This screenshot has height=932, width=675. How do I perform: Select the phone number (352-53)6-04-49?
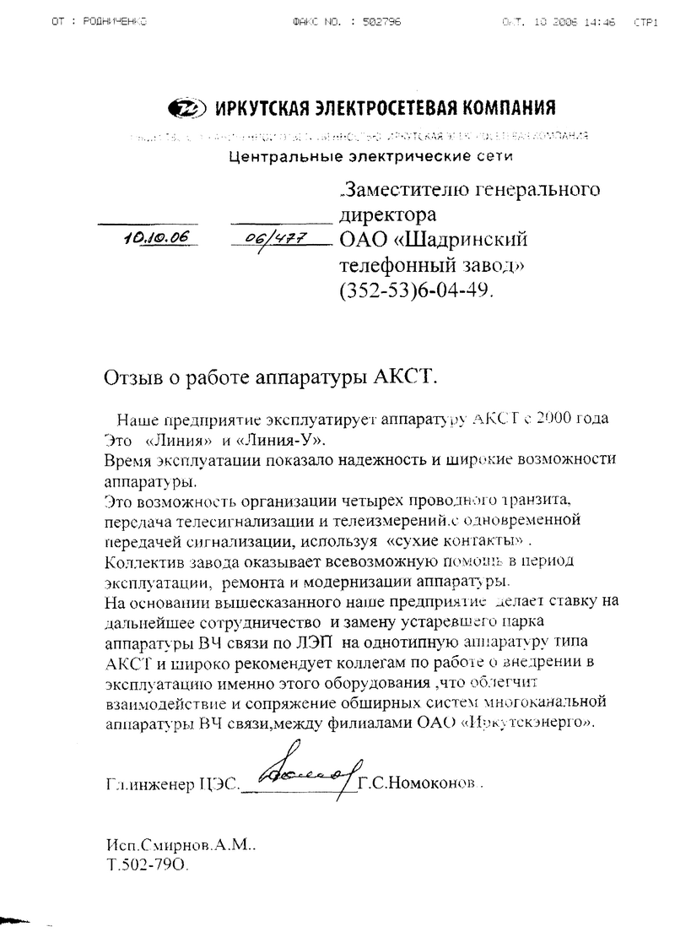tap(413, 289)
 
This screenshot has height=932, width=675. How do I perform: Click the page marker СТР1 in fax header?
tap(645, 22)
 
